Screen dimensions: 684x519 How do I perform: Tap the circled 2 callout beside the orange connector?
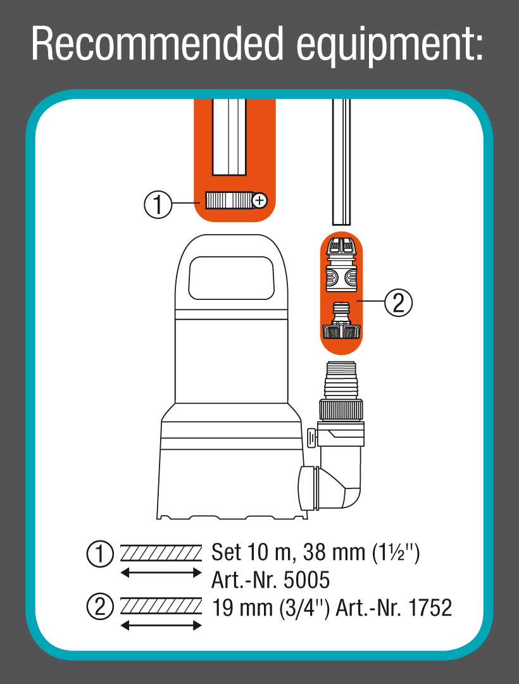[x=398, y=303]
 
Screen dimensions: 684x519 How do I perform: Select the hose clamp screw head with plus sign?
[x=259, y=201]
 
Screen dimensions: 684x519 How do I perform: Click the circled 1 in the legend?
[x=99, y=553]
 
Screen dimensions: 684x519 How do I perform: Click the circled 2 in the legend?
[x=99, y=607]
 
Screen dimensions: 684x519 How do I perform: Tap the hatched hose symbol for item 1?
[x=161, y=552]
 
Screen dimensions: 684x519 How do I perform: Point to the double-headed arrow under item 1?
[x=161, y=573]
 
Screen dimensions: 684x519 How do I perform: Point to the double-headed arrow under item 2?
[x=161, y=626]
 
